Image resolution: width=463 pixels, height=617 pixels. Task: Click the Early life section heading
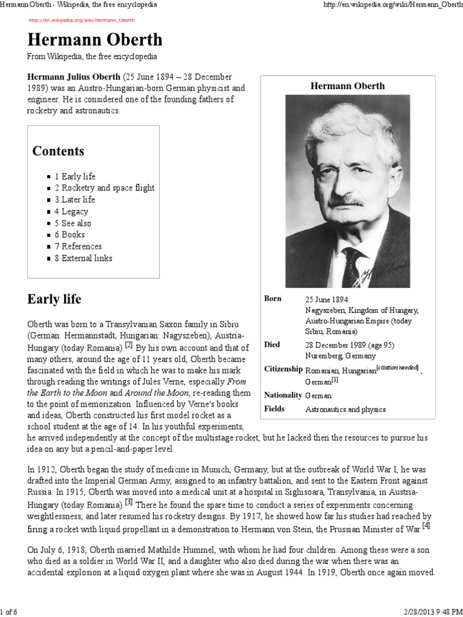pyautogui.click(x=54, y=299)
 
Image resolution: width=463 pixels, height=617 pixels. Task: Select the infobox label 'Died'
pyautogui.click(x=272, y=345)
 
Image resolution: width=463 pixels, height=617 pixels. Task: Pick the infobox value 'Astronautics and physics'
pyautogui.click(x=345, y=410)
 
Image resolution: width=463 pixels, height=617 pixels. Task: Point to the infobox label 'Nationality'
pyautogui.click(x=283, y=395)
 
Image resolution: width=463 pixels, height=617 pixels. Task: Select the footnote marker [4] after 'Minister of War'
pyautogui.click(x=426, y=525)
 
